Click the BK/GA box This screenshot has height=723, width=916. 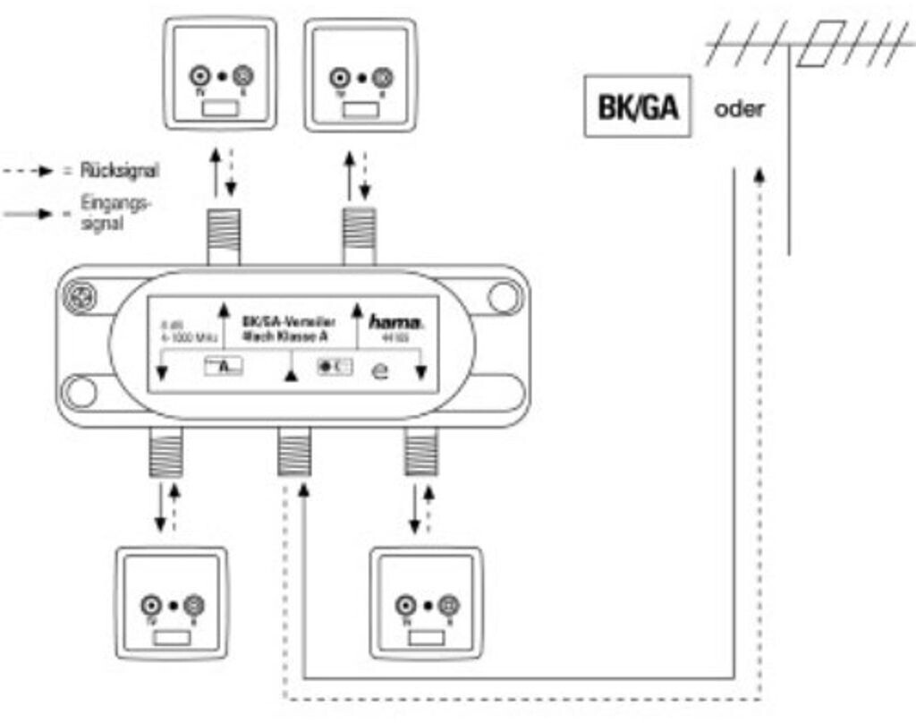tap(637, 106)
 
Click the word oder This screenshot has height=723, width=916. tap(739, 110)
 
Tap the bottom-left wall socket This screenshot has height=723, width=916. tap(173, 605)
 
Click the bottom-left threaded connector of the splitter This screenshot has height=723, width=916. tap(165, 452)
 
